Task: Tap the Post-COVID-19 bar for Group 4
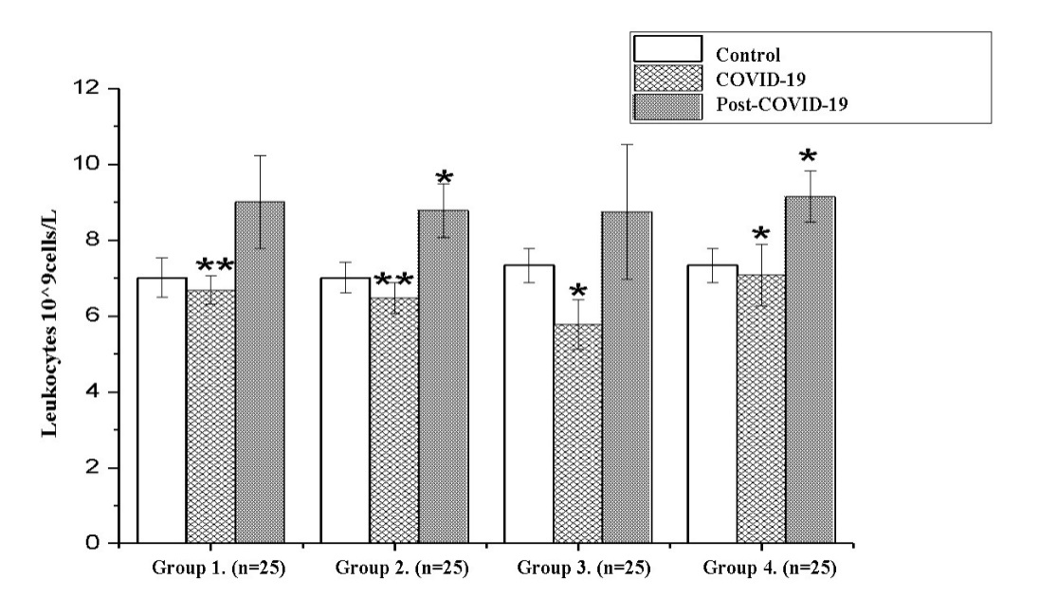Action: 811,370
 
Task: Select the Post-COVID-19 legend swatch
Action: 667,105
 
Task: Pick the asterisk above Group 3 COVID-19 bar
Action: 577,290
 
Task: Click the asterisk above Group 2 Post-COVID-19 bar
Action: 444,178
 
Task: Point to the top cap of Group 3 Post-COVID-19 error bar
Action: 627,144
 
